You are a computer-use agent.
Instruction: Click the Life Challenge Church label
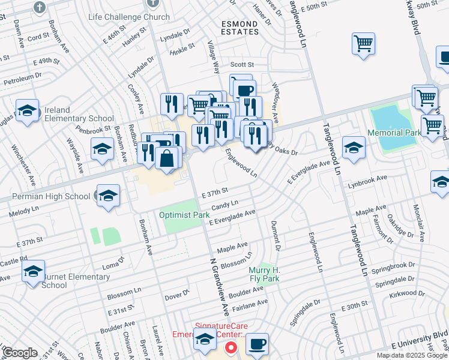click(x=128, y=17)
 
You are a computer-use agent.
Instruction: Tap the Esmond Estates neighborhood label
click(x=240, y=28)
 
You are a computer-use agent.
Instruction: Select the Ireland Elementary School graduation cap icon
click(x=27, y=112)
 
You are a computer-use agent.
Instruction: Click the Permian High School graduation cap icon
click(x=108, y=196)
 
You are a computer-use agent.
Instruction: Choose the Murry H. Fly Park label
click(x=265, y=274)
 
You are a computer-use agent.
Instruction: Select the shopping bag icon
click(x=167, y=159)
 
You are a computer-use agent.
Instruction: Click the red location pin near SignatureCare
click(x=231, y=347)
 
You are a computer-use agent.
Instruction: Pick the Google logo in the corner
click(x=20, y=353)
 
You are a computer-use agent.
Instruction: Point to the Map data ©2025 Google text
click(x=411, y=355)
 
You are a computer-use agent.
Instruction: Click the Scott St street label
click(x=243, y=65)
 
